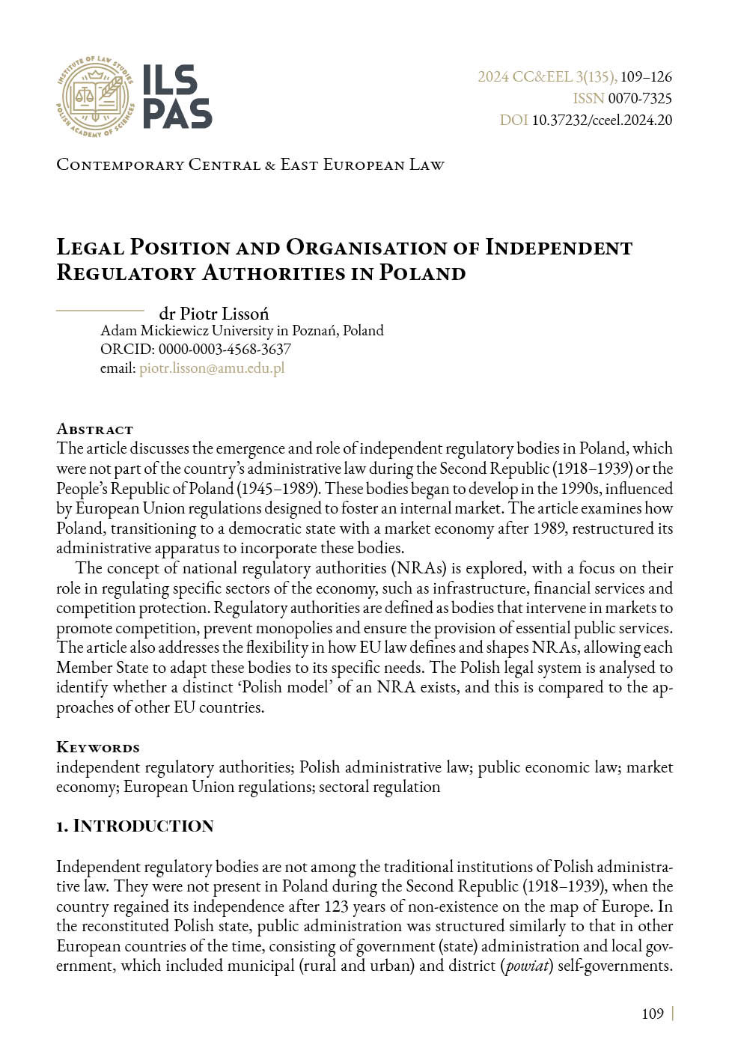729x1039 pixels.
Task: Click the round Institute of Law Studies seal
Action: coord(95,97)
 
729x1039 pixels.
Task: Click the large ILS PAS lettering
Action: coord(177,97)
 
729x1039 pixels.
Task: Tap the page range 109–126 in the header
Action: coord(646,77)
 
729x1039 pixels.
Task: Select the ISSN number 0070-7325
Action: coord(639,99)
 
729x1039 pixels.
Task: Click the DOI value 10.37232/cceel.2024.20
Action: coord(602,121)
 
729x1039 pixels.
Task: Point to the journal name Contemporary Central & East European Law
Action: coord(250,165)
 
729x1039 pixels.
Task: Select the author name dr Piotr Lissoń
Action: coord(214,314)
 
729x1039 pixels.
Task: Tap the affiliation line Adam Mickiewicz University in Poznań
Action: coord(242,331)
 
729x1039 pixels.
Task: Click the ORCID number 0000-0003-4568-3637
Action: coord(225,350)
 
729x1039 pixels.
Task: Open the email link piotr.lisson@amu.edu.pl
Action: coord(212,368)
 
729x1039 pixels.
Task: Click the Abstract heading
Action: coord(94,430)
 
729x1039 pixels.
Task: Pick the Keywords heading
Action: coord(98,748)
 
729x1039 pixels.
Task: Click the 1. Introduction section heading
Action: coord(135,826)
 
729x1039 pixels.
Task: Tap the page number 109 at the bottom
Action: coord(653,1014)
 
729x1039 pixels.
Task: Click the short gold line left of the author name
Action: coord(100,310)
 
